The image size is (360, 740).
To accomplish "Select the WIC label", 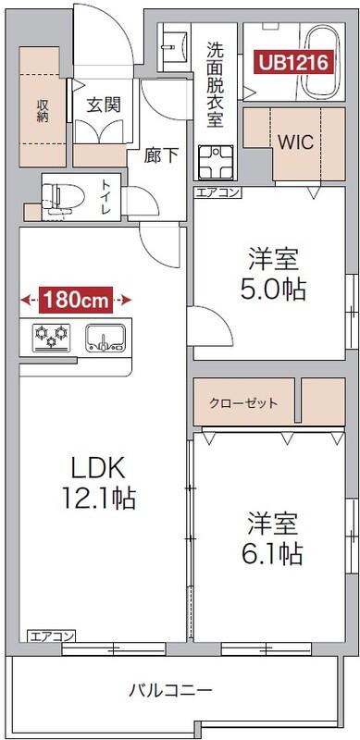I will tap(294, 143).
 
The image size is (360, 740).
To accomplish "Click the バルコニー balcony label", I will tap(170, 690).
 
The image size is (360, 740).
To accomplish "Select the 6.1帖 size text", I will tap(274, 553).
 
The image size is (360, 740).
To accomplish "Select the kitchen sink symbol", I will tap(105, 337).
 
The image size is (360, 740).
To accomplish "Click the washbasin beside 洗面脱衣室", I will tap(173, 44).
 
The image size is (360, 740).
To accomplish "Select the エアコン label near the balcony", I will tap(52, 635).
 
